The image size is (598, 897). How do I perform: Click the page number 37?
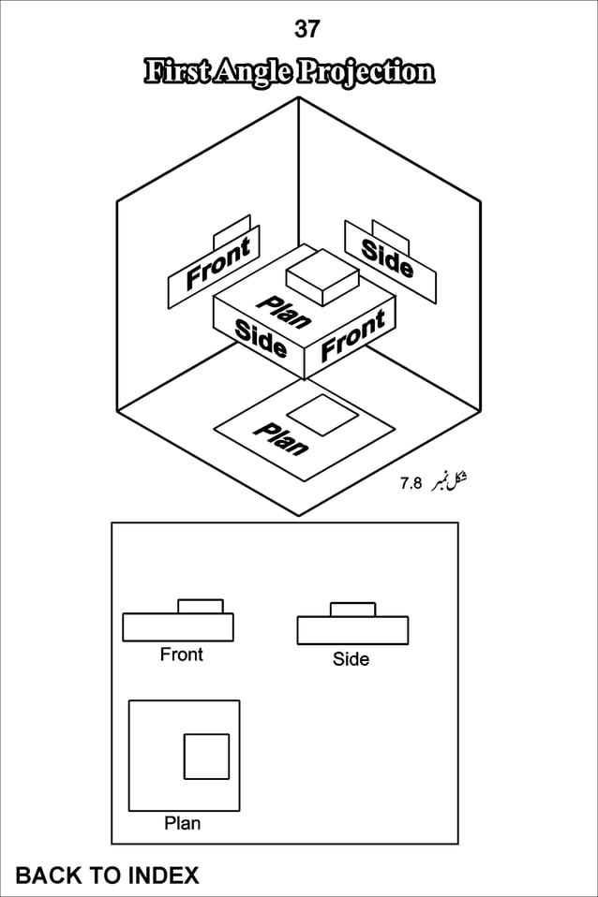307,29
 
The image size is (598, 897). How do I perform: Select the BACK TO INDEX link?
107,875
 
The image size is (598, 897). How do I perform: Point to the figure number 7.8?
411,483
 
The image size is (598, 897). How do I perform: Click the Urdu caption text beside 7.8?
448,481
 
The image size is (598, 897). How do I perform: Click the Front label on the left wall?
218,262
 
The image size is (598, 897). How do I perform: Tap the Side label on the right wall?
387,258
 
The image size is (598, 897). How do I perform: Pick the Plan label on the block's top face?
284,313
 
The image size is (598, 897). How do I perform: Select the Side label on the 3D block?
261,338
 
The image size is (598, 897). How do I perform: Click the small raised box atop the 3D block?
322,276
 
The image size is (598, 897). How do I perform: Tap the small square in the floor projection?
321,415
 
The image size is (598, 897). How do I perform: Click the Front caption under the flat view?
182,654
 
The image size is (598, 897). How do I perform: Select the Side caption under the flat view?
351,659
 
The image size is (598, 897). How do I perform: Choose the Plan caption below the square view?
183,823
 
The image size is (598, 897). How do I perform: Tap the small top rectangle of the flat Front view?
201,607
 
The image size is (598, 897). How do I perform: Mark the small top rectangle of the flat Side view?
352,610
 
